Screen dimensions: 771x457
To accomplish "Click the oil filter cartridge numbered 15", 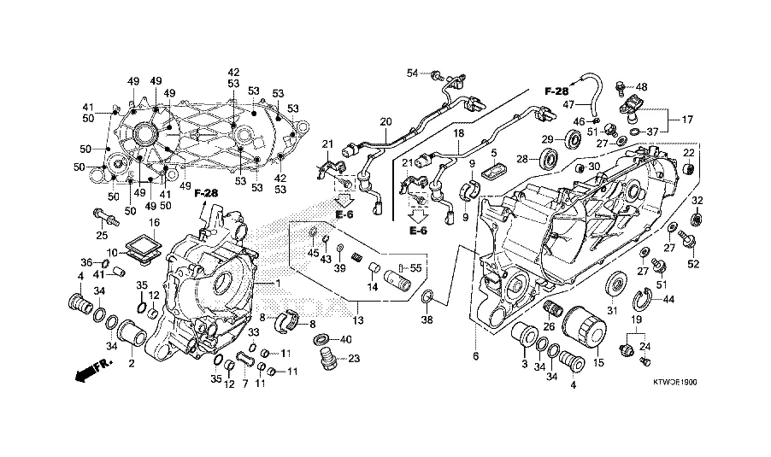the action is click(583, 327).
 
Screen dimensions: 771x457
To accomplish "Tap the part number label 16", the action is click(155, 223).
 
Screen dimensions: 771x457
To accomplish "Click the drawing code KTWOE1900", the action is click(674, 383).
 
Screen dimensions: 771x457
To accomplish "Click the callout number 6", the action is click(475, 357).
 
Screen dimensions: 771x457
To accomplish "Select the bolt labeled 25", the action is click(106, 217).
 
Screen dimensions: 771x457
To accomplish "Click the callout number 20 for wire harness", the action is click(386, 121).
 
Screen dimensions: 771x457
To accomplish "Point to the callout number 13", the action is click(358, 320).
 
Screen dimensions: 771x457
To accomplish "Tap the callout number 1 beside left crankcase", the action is click(278, 283).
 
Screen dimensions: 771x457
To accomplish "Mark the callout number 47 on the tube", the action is click(568, 104).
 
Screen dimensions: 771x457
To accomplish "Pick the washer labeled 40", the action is click(322, 339).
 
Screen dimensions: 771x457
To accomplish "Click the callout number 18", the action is click(459, 133).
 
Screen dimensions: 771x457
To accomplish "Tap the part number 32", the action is click(697, 200).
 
